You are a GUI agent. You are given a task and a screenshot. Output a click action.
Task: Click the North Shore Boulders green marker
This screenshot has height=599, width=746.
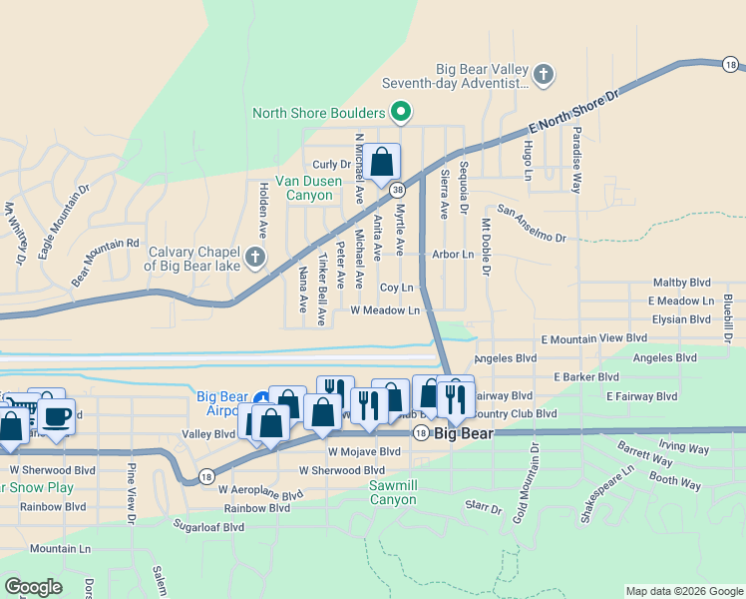click(401, 112)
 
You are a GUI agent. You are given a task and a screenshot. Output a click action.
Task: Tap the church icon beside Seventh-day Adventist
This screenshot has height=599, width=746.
click(543, 74)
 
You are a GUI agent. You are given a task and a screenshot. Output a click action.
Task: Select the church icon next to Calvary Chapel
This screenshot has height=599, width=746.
click(255, 258)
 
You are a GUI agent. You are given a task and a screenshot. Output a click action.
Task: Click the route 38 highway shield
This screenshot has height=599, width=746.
click(397, 189)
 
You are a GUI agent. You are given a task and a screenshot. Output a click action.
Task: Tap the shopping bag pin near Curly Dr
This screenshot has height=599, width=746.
click(381, 163)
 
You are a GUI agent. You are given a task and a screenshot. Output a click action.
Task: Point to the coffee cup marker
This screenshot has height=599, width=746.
click(57, 416)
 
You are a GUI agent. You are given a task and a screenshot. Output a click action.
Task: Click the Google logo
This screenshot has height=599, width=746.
click(33, 587)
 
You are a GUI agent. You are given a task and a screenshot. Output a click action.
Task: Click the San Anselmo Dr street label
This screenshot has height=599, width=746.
click(533, 225)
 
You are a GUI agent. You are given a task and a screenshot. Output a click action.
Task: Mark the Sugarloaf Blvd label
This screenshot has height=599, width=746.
click(208, 526)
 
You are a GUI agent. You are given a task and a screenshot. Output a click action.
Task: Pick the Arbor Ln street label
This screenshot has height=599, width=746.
click(453, 255)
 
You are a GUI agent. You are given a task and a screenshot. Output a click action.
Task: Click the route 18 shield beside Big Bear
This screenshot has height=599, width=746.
click(421, 433)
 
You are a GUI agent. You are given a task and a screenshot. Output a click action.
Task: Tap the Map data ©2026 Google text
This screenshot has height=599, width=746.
click(683, 591)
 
